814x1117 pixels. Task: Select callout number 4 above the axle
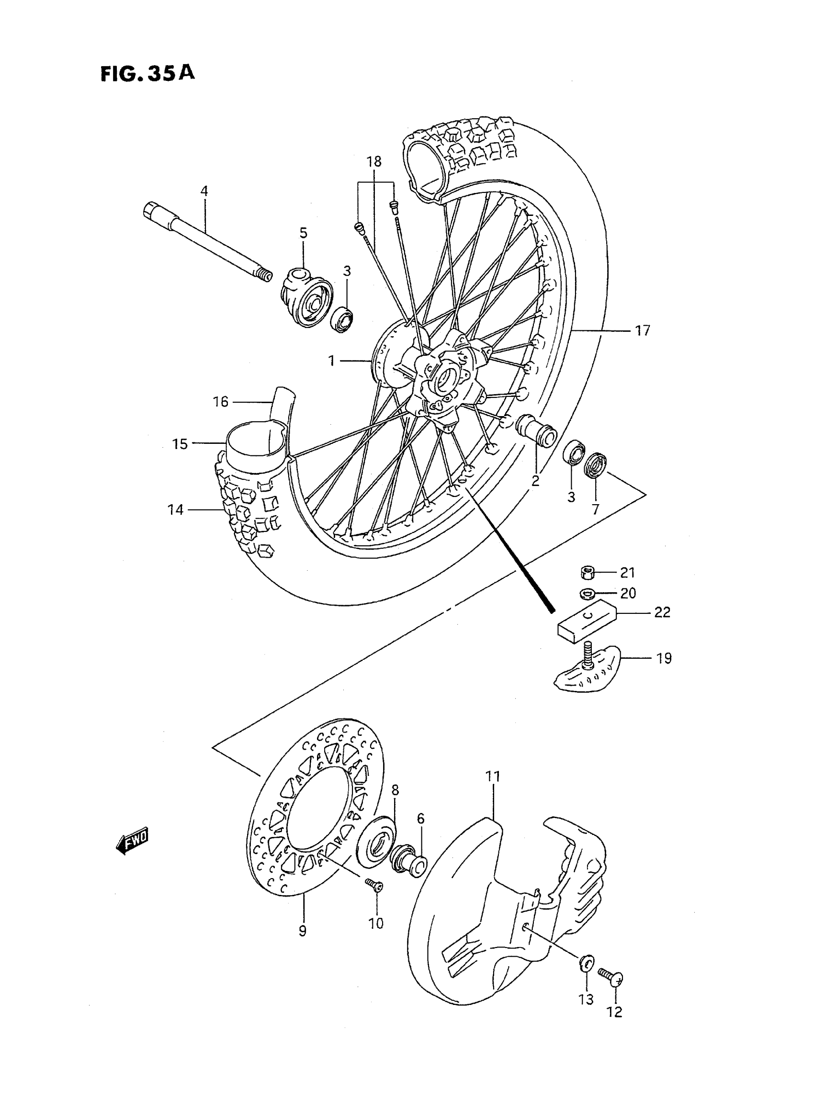[x=203, y=191]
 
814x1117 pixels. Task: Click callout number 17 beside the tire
[x=642, y=330]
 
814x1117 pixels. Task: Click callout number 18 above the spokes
[x=374, y=161]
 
